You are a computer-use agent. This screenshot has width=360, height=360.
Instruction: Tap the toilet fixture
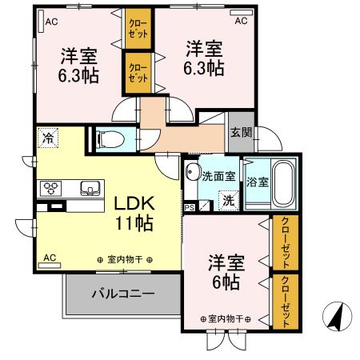point(111,140)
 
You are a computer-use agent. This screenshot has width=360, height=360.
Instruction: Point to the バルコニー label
point(122,294)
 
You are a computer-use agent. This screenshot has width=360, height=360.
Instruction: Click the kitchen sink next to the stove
point(88,189)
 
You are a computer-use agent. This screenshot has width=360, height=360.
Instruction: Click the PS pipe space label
point(190,208)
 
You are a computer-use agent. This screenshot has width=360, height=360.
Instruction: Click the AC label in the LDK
point(50,258)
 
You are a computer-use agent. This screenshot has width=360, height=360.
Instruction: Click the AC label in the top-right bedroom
point(241,20)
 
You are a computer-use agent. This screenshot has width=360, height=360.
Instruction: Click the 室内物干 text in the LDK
point(125,259)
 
